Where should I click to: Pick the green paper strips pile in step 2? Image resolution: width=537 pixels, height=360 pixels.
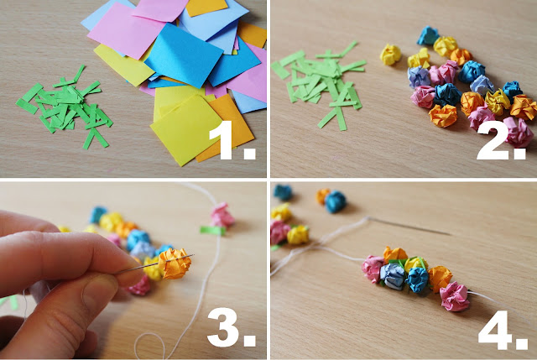tap(319, 86)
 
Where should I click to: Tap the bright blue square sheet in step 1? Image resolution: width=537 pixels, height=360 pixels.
tap(184, 55)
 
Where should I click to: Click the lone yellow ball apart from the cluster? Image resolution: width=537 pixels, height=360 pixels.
tap(390, 55)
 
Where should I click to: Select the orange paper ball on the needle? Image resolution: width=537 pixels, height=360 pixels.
tap(175, 263)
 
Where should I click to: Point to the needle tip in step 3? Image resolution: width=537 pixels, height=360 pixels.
tap(194, 255)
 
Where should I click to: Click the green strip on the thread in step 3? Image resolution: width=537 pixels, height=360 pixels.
tap(212, 231)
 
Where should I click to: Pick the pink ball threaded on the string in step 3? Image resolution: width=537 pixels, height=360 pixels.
tap(222, 215)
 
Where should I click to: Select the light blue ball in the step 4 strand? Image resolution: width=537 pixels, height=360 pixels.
tap(393, 276)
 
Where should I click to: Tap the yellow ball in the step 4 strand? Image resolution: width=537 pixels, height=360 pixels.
tap(415, 263)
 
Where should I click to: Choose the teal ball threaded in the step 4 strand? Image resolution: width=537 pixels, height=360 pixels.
tap(418, 279)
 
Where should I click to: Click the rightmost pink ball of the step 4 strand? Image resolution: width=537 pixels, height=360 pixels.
tap(455, 296)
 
